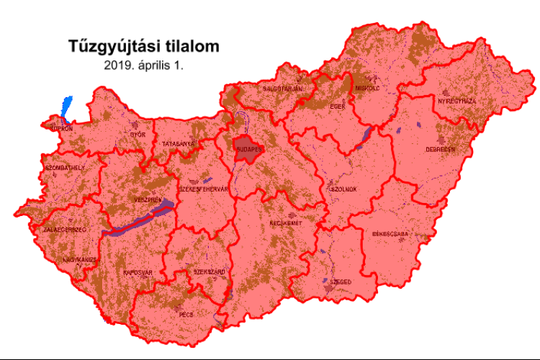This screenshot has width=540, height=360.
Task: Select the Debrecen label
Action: [x=440, y=150]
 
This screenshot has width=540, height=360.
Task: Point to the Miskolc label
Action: [x=367, y=88]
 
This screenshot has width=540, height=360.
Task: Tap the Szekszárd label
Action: [x=210, y=272]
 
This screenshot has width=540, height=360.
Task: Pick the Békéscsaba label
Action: [x=390, y=234]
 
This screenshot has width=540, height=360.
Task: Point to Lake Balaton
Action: [x=140, y=220]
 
